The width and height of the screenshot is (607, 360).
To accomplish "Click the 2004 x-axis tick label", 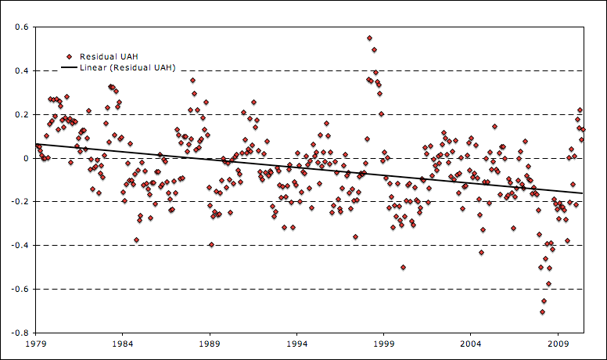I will point(470,344).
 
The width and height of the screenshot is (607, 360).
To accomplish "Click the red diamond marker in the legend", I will point(70,56).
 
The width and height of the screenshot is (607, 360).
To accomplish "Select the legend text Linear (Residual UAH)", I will point(128,68).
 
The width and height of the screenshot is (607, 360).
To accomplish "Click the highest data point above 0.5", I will point(369,38).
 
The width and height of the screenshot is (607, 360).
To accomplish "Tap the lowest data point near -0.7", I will point(542,311).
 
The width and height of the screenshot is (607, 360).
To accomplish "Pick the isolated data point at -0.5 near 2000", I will point(403,267).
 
